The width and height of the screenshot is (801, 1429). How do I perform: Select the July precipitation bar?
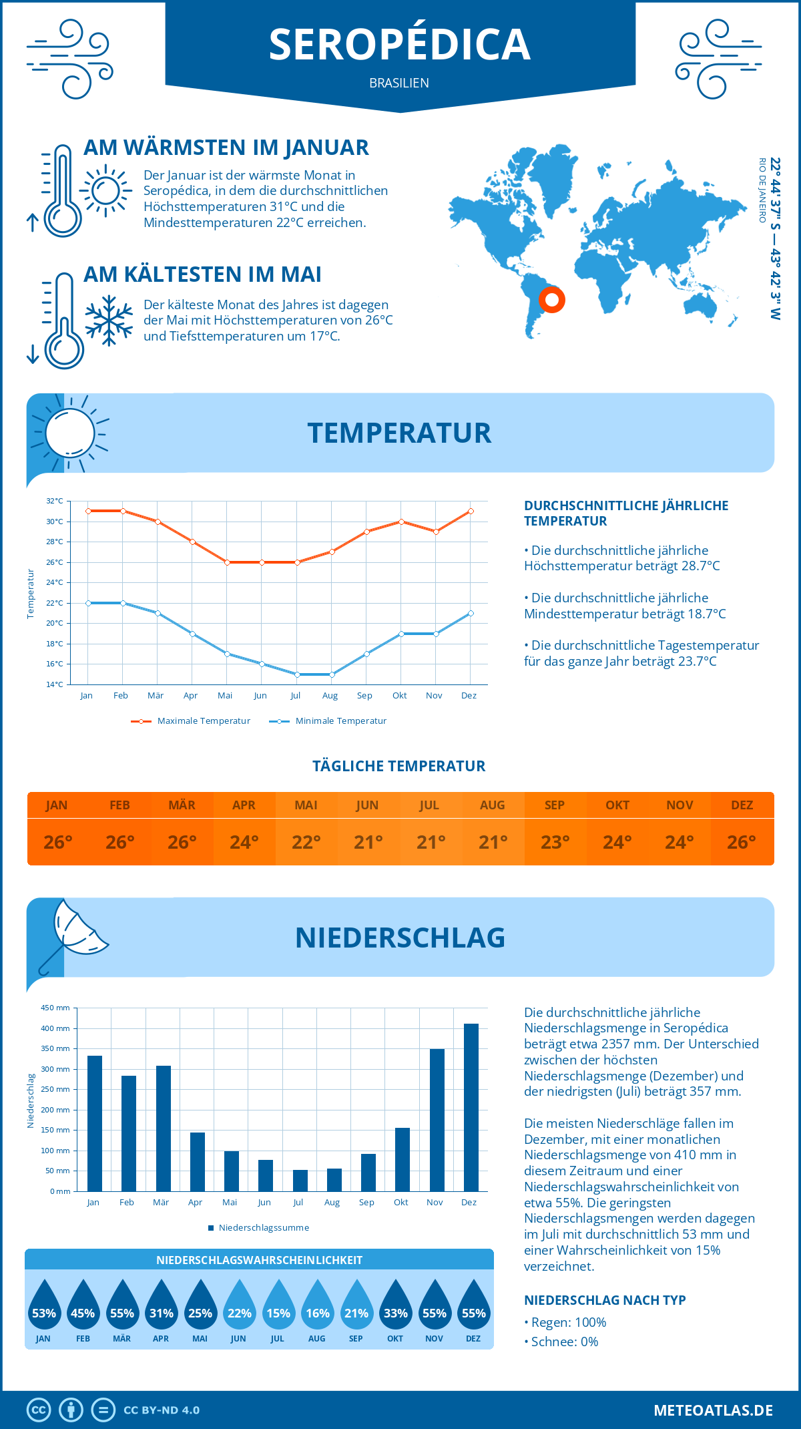[x=300, y=1181]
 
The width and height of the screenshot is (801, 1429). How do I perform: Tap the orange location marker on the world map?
[x=552, y=299]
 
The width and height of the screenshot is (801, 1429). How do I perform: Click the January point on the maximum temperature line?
[x=88, y=511]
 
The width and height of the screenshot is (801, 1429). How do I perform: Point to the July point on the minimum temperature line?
[x=297, y=674]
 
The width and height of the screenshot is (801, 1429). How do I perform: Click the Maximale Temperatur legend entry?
[x=191, y=721]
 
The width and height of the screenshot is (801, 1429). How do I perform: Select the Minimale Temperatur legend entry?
[x=328, y=721]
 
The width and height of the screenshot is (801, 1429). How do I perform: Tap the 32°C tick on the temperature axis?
[x=55, y=501]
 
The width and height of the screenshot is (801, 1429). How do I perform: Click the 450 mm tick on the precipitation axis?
[x=56, y=1008]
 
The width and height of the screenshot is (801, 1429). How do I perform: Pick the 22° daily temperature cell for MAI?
[x=306, y=842]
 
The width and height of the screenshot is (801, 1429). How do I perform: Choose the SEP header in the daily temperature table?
[x=555, y=805]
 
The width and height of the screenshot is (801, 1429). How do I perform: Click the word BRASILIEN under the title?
[x=399, y=83]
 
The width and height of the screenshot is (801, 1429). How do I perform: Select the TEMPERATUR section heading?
[x=399, y=433]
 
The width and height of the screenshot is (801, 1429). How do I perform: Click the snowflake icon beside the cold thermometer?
[x=109, y=321]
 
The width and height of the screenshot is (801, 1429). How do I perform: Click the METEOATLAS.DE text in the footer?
[x=713, y=1410]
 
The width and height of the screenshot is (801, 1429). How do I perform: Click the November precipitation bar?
[x=437, y=1120]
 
